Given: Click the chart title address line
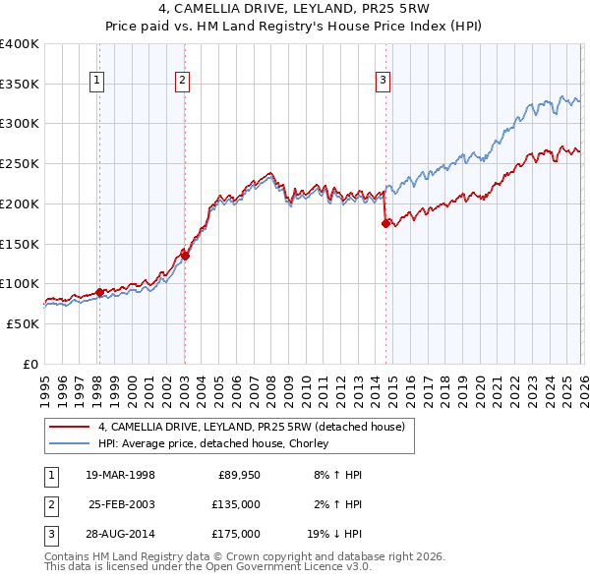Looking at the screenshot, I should click(x=295, y=12).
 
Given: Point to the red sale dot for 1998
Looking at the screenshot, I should click(x=99, y=292).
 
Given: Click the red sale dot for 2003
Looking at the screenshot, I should click(x=185, y=256).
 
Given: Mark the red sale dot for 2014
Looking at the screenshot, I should click(x=384, y=224).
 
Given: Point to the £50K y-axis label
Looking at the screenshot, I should click(x=24, y=323).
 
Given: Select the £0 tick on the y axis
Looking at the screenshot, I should click(x=31, y=364).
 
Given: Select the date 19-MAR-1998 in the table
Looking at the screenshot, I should click(x=120, y=475).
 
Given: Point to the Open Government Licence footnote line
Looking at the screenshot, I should click(x=207, y=567).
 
